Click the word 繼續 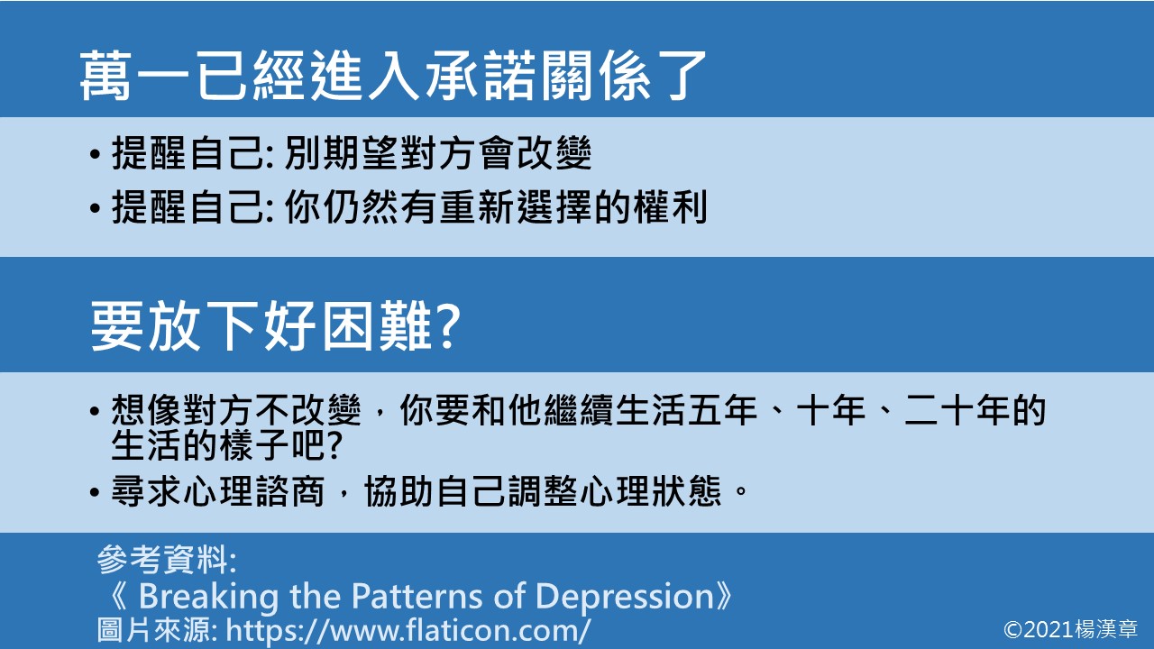pyautogui.click(x=537, y=412)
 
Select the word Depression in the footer pyautogui.click(x=623, y=596)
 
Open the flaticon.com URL pyautogui.click(x=408, y=629)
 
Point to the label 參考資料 pyautogui.click(x=166, y=562)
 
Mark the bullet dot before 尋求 pyautogui.click(x=96, y=493)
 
